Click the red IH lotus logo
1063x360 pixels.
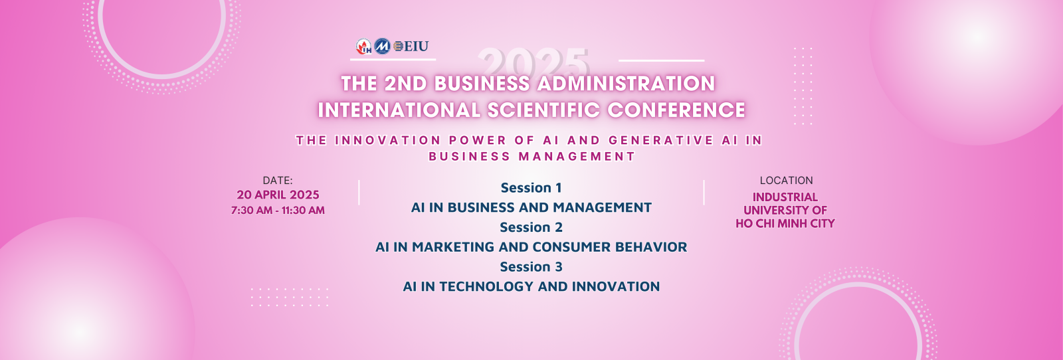tap(364, 46)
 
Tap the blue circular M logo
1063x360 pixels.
tap(382, 46)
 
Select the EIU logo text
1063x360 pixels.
tap(411, 46)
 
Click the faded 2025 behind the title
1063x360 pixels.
tap(533, 62)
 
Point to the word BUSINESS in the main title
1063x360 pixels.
tap(482, 84)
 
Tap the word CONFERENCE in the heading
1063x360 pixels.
tap(676, 110)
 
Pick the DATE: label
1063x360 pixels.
tap(278, 180)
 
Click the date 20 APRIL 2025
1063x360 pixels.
tap(278, 195)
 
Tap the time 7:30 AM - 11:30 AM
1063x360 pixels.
tap(278, 211)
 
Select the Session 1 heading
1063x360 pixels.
tap(531, 188)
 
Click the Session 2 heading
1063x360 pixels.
tap(531, 228)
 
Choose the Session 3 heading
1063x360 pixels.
tap(531, 267)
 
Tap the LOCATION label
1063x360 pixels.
tap(787, 180)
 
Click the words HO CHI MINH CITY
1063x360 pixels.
tap(785, 223)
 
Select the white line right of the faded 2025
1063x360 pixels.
tap(662, 60)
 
